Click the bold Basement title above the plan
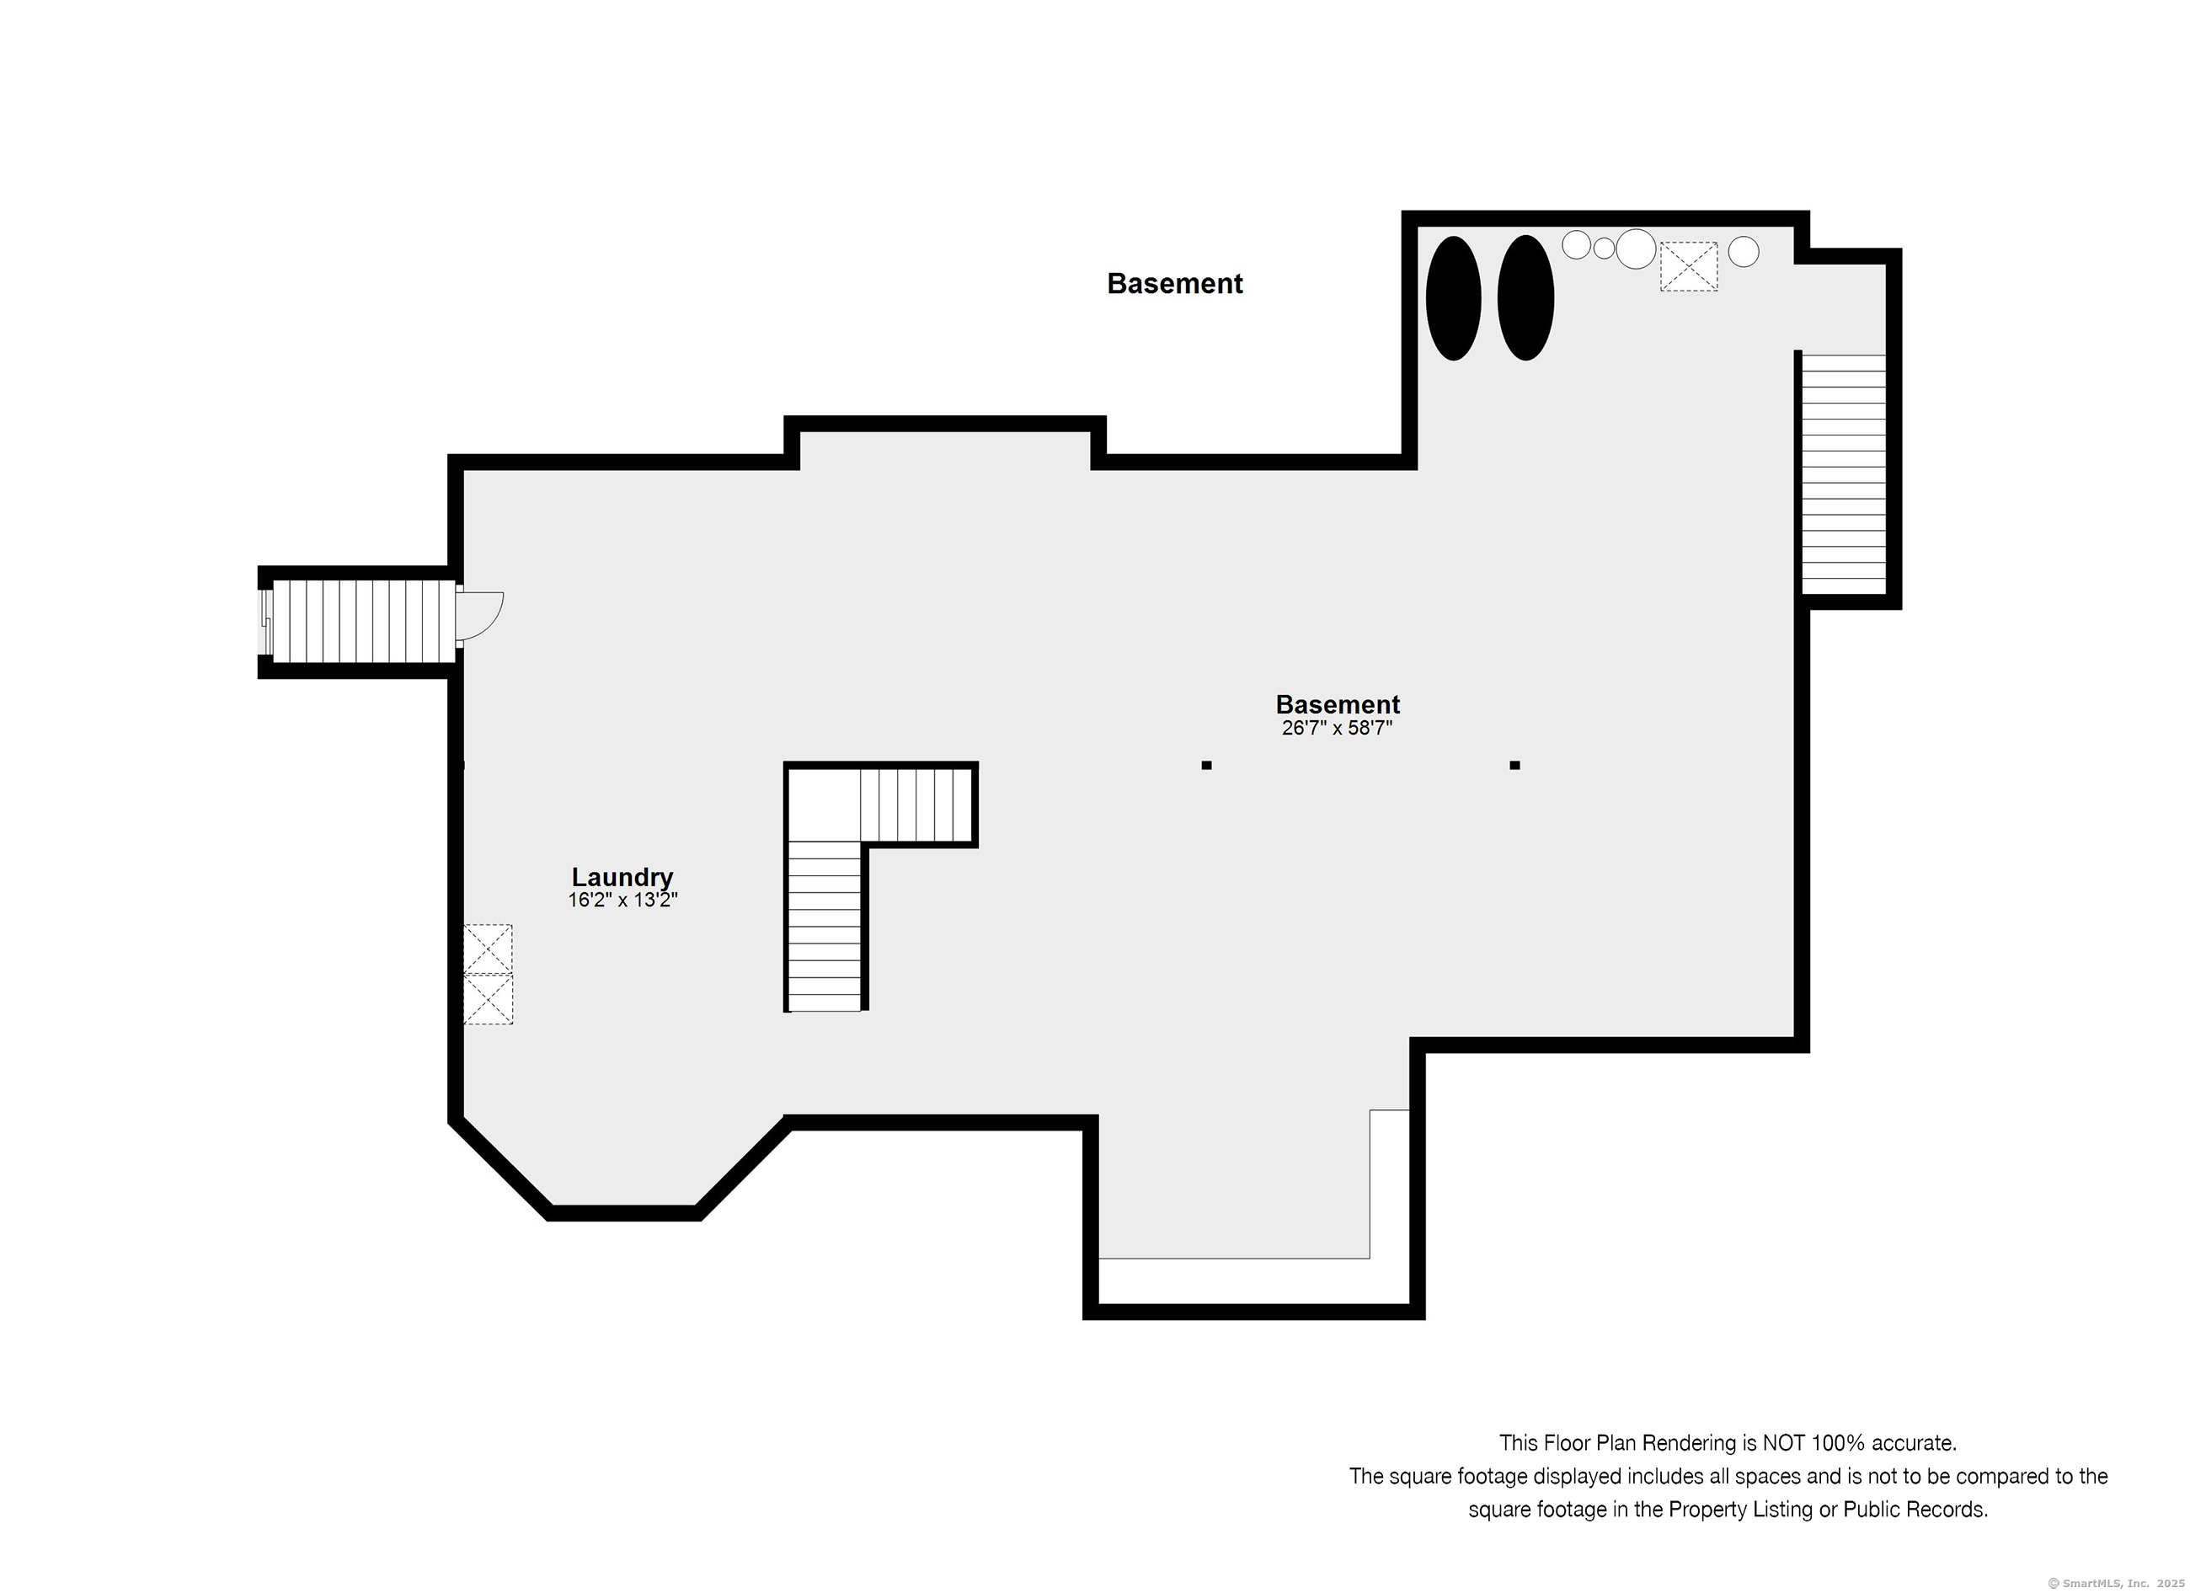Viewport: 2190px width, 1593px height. [1174, 284]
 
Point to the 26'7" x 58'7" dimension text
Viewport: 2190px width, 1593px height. [1338, 728]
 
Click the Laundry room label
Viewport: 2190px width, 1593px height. [622, 877]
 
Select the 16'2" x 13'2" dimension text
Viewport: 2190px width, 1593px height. [622, 900]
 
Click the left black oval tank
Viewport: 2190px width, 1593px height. [1453, 298]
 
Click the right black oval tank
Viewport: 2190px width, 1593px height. [1525, 298]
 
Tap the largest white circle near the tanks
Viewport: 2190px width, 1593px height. [1636, 249]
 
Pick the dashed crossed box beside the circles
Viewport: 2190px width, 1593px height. [1689, 266]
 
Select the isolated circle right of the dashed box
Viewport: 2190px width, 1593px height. [1743, 252]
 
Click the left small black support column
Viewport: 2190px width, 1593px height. [1206, 766]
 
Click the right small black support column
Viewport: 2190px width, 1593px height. [1515, 766]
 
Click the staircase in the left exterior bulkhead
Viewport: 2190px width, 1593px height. [363, 622]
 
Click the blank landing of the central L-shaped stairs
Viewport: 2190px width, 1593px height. [824, 805]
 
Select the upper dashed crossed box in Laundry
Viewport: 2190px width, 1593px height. [488, 949]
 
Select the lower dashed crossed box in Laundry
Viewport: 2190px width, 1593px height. [488, 999]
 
